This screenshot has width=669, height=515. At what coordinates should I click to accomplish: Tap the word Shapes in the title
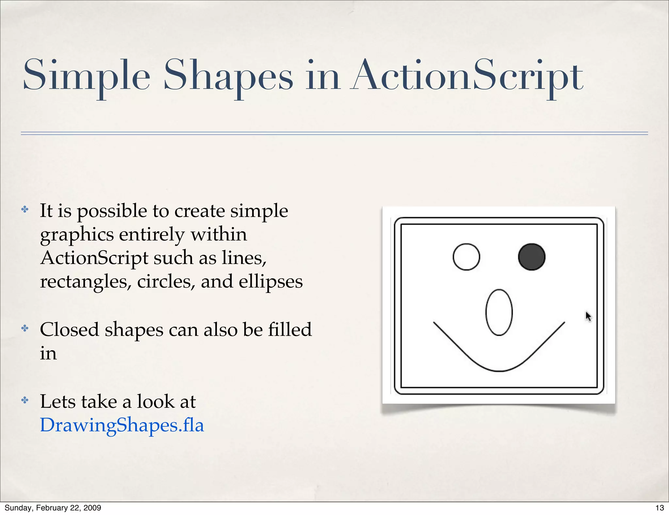(x=228, y=76)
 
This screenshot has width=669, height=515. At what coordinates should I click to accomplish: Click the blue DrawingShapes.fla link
(x=122, y=425)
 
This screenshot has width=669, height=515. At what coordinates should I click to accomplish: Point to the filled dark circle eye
(x=531, y=257)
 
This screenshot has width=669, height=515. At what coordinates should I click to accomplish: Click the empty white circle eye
(x=466, y=257)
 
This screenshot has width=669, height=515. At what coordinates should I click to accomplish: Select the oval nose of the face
(x=499, y=312)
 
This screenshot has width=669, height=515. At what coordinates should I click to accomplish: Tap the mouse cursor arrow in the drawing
(x=588, y=316)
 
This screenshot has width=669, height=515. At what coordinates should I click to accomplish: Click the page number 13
(x=660, y=508)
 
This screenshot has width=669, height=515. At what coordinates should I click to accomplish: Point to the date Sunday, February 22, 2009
(x=53, y=508)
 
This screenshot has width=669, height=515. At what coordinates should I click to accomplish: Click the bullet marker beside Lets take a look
(x=25, y=400)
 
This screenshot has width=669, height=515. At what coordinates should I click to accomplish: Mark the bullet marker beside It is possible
(x=25, y=209)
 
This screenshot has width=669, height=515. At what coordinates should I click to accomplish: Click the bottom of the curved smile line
(x=499, y=371)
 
